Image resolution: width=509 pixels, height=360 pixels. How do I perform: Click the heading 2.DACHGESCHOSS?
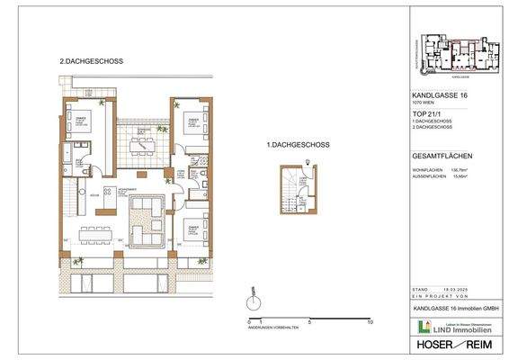click(x=91, y=61)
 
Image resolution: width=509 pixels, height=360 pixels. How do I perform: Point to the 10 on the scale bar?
click(x=370, y=321)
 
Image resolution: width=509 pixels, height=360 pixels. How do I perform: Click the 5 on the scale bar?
click(x=309, y=321)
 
